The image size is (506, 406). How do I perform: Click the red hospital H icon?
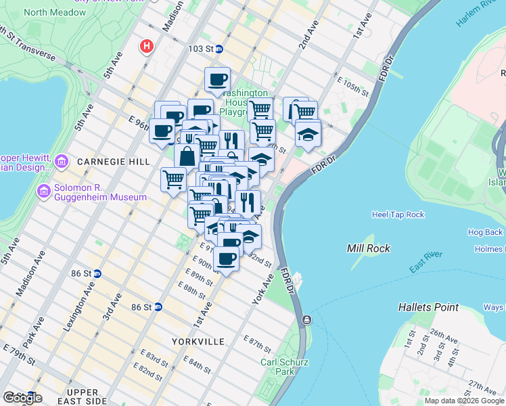146,47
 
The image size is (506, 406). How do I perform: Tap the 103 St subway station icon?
218,49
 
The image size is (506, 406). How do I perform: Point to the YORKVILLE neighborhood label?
198,342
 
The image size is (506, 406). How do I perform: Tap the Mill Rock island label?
368,248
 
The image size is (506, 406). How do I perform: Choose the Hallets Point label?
428,307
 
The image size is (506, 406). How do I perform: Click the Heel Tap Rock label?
398,215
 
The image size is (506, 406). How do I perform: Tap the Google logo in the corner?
22,397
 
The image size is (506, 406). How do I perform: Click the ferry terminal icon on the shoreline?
307,319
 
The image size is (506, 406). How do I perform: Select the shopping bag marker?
187,155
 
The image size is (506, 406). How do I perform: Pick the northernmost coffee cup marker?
217,79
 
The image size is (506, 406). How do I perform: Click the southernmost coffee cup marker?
226,258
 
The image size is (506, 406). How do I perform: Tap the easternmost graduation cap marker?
308,133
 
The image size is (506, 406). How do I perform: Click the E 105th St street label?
353,87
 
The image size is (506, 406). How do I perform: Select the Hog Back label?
485,232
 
